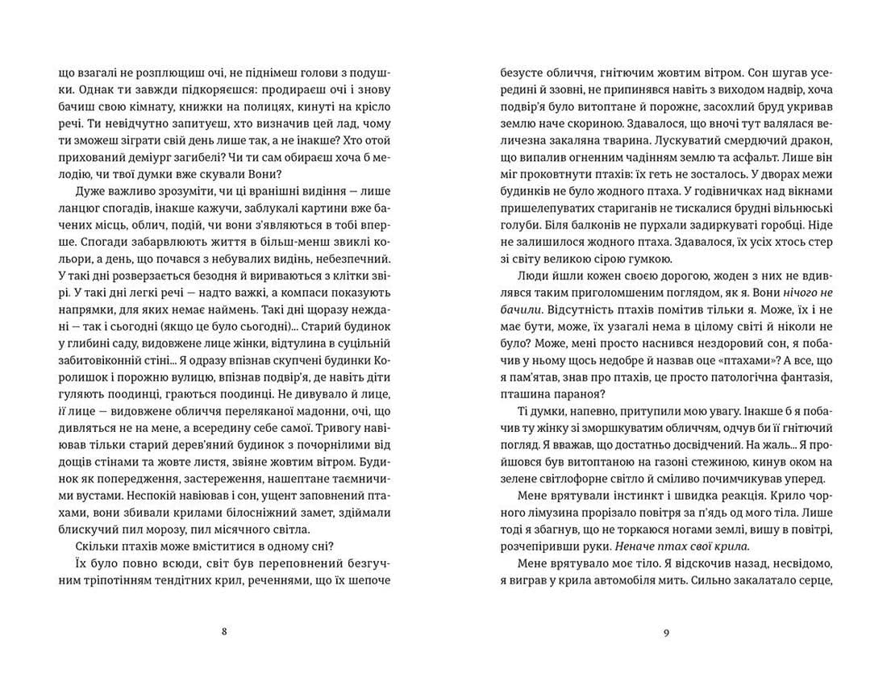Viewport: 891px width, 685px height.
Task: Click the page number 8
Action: click(223, 632)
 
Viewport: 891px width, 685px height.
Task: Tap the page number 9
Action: click(666, 632)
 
